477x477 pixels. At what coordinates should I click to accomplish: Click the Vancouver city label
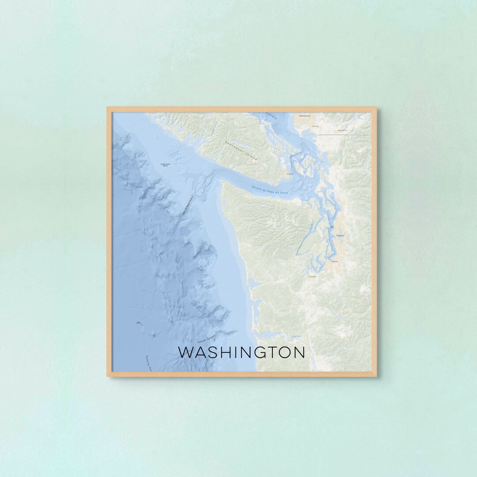tap(305, 116)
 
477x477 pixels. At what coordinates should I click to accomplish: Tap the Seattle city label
tap(340, 236)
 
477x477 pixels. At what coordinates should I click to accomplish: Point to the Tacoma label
tap(334, 261)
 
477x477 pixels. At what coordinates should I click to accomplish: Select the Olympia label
tap(312, 276)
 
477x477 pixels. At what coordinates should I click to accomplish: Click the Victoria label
tap(290, 174)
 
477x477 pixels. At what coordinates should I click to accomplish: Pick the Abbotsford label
tap(342, 130)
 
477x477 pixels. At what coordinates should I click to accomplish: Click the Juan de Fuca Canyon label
tap(187, 206)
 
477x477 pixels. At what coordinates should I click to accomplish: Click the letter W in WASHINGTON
tap(185, 352)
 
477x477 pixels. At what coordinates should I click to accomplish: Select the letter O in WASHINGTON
tap(285, 352)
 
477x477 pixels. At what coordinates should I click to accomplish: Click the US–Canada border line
tap(344, 134)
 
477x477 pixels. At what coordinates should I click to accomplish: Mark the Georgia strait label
tap(271, 116)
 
